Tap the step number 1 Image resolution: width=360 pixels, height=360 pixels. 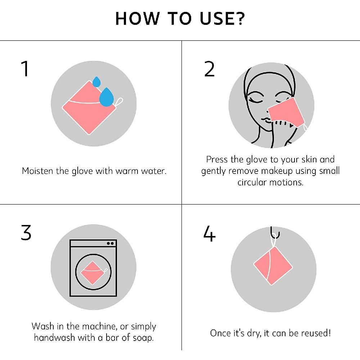tap(25, 68)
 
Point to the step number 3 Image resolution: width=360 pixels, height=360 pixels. tap(26, 233)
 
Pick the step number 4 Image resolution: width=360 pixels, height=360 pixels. tap(210, 233)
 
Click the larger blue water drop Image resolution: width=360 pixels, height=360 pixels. tap(106, 97)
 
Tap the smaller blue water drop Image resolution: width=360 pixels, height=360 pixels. tap(96, 82)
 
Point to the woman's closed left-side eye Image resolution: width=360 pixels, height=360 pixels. tap(256, 100)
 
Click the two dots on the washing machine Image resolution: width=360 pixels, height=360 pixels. tap(110, 243)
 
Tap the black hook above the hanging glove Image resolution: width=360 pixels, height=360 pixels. tap(275, 233)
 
